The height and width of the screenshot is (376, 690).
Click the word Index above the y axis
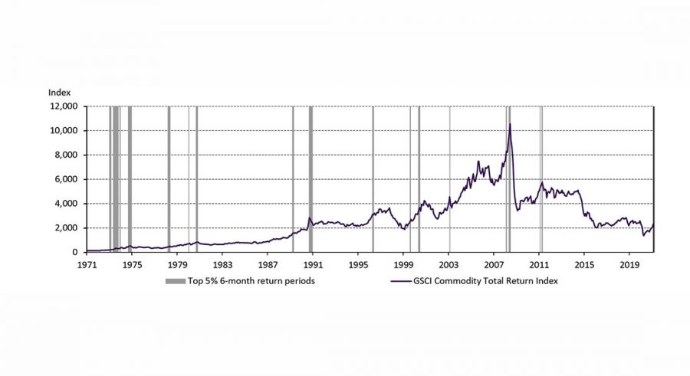click(x=59, y=93)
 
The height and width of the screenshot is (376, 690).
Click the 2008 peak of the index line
click(x=510, y=124)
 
